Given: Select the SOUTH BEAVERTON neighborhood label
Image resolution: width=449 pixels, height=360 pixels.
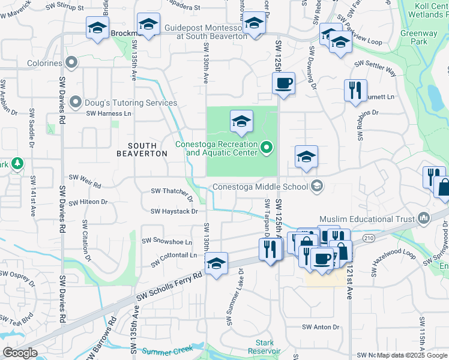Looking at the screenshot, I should point(142,149).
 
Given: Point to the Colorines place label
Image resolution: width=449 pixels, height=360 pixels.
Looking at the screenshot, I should point(44,63).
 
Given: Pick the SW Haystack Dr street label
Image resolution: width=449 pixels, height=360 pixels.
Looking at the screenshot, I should point(174,211).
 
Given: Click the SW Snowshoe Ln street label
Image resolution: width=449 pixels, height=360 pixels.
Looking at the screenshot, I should point(167,241).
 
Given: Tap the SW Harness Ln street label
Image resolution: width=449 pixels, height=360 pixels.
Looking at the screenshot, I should point(109,113).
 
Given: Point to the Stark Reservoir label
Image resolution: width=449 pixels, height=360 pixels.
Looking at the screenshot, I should point(264,347).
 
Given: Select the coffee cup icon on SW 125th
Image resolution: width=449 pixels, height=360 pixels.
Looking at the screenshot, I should point(283,84).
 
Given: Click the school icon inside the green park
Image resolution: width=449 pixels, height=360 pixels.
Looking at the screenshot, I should point(241,122).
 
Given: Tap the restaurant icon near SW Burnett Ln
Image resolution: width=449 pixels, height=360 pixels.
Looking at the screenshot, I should point(355,90).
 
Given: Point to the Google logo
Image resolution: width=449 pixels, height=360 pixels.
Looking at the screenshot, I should point(20,353).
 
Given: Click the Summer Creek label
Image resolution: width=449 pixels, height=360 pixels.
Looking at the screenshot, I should point(167,350).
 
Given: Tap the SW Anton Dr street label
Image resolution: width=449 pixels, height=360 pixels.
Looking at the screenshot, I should point(321,327).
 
